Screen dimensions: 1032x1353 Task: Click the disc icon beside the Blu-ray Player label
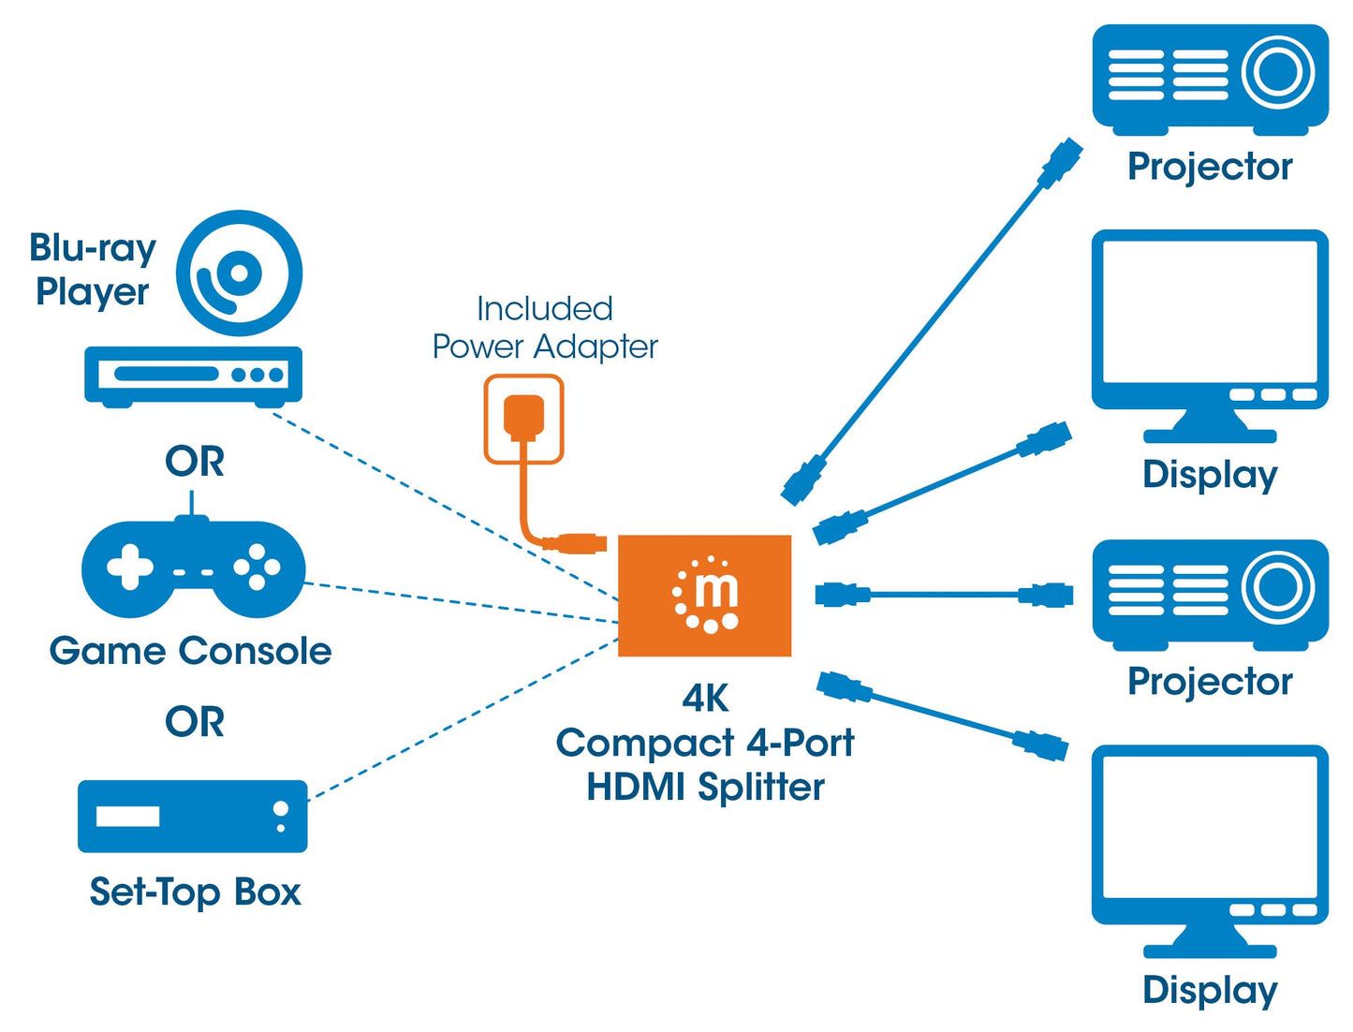(239, 273)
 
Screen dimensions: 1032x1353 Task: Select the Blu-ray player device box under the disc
(193, 375)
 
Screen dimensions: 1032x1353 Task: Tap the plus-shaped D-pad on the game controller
(129, 568)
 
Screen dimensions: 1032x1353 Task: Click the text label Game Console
(190, 651)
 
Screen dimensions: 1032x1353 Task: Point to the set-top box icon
(192, 816)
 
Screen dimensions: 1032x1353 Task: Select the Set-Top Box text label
(195, 892)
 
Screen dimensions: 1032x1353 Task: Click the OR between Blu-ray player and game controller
(195, 462)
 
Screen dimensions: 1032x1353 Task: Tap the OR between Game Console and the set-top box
(195, 722)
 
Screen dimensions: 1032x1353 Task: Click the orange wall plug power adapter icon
(523, 419)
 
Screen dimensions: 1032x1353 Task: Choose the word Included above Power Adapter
(544, 308)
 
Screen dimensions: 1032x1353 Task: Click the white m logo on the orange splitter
(707, 595)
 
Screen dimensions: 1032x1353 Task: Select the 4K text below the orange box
(705, 698)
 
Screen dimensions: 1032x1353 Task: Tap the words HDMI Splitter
(705, 787)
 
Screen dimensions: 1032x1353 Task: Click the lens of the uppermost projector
(1277, 72)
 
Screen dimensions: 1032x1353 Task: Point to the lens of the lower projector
(1277, 587)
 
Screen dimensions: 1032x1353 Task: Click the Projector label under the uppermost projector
(1209, 167)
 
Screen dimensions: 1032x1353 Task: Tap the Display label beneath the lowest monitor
(1209, 990)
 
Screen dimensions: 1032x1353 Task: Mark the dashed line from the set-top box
(463, 719)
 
